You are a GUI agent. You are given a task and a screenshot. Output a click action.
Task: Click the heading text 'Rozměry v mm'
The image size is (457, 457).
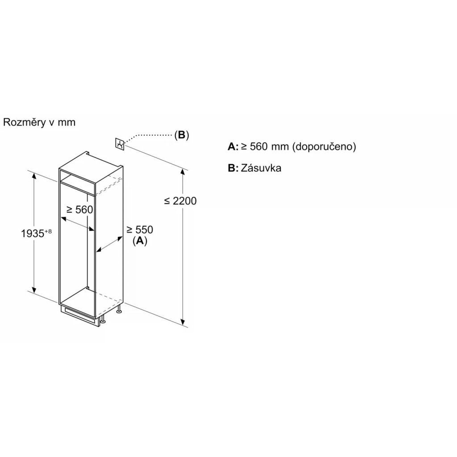pyautogui.click(x=39, y=122)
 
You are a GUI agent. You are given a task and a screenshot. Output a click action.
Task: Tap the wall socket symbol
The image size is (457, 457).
pyautogui.click(x=120, y=144)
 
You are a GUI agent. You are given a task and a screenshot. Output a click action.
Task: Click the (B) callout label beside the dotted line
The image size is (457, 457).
pyautogui.click(x=182, y=135)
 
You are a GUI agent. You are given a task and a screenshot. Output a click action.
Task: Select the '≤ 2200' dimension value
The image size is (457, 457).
pyautogui.click(x=180, y=201)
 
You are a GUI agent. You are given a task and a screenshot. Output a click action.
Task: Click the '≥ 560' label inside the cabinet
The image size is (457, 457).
pyautogui.click(x=79, y=210)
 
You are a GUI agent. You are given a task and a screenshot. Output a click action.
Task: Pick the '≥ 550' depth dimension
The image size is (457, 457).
pyautogui.click(x=139, y=230)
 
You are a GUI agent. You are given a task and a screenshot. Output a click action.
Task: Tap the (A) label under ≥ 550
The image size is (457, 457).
pyautogui.click(x=140, y=241)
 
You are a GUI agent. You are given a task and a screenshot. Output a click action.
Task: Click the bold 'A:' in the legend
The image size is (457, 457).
pyautogui.click(x=233, y=147)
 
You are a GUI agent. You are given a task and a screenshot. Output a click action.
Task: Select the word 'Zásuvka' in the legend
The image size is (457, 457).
pyautogui.click(x=261, y=168)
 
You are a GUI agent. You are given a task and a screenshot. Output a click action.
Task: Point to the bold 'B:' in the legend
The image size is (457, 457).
pyautogui.click(x=233, y=168)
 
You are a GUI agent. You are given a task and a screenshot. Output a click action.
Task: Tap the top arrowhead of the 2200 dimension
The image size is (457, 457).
pyautogui.click(x=182, y=173)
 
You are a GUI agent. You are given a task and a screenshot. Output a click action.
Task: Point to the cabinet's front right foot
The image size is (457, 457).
pyautogui.click(x=103, y=320)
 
